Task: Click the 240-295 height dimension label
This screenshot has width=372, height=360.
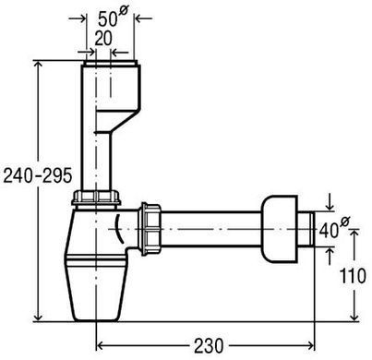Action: click(38, 175)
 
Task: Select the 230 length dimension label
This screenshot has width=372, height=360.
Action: click(209, 345)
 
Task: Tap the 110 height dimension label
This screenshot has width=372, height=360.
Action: click(353, 275)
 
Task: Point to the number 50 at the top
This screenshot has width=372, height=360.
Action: click(108, 19)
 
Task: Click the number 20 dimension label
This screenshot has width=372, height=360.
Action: click(103, 38)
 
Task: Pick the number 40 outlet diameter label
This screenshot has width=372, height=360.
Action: click(329, 231)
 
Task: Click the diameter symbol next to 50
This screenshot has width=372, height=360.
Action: click(123, 10)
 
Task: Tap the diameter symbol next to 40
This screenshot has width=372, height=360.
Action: click(345, 222)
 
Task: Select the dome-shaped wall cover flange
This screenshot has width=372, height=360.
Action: click(280, 229)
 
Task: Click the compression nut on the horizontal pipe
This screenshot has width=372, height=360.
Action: click(151, 229)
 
